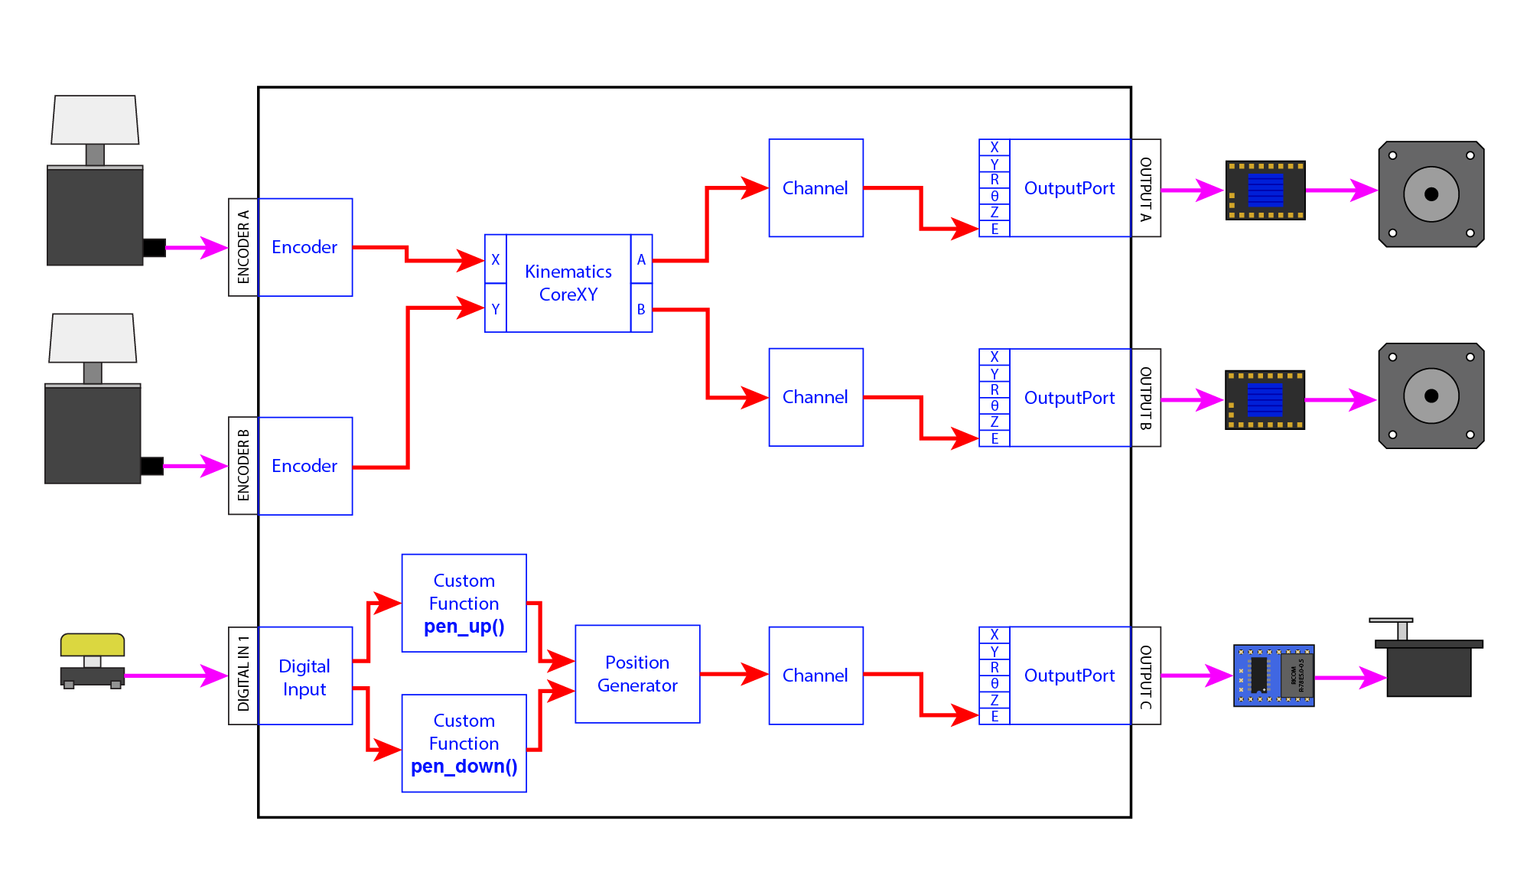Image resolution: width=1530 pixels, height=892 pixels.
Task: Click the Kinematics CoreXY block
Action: (568, 283)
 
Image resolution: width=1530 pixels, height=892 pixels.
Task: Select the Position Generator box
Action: (637, 674)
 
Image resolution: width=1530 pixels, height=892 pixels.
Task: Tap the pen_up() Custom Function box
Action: (464, 603)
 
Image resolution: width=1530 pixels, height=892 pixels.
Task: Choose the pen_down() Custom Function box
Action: (464, 743)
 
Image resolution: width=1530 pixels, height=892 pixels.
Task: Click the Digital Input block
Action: (305, 676)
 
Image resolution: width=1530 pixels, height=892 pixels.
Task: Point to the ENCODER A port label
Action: (243, 247)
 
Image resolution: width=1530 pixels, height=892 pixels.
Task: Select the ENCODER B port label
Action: (243, 466)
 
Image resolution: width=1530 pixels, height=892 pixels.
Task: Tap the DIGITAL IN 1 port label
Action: (243, 676)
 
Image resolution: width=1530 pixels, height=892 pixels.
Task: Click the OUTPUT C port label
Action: (1146, 676)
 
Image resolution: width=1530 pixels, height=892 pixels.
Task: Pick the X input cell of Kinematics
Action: (496, 259)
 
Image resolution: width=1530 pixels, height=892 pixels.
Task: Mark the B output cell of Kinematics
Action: (641, 309)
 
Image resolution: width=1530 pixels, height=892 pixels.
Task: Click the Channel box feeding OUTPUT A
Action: (815, 188)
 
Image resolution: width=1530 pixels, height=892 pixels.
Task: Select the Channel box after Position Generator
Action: (815, 676)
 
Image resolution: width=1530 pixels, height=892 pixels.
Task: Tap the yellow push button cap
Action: (93, 644)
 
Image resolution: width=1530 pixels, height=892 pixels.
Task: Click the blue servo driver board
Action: (1274, 676)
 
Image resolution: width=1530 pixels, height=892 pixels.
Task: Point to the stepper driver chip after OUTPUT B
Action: (1265, 400)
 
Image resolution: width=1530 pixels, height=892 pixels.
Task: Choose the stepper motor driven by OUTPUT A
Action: (1431, 194)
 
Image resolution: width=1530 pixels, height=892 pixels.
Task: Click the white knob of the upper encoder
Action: (95, 119)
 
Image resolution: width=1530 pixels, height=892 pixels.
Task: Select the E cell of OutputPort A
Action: (994, 229)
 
